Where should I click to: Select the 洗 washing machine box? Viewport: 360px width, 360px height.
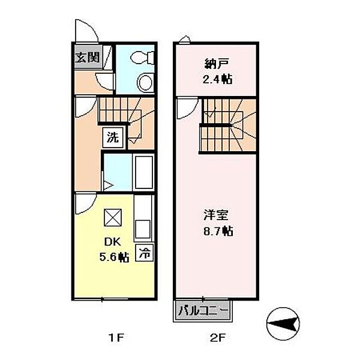click(x=113, y=137)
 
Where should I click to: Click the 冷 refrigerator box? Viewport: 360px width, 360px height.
click(x=145, y=253)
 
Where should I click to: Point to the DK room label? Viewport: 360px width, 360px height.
click(x=114, y=243)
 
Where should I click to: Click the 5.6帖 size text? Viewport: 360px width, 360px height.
click(x=114, y=257)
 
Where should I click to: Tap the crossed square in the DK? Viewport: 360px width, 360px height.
click(x=113, y=217)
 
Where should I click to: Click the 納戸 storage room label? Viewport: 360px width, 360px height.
click(x=218, y=65)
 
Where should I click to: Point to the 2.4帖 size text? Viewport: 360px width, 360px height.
click(x=218, y=79)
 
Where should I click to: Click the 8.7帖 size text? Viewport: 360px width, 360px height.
click(x=218, y=230)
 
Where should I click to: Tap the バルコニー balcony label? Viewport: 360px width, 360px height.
click(x=203, y=311)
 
